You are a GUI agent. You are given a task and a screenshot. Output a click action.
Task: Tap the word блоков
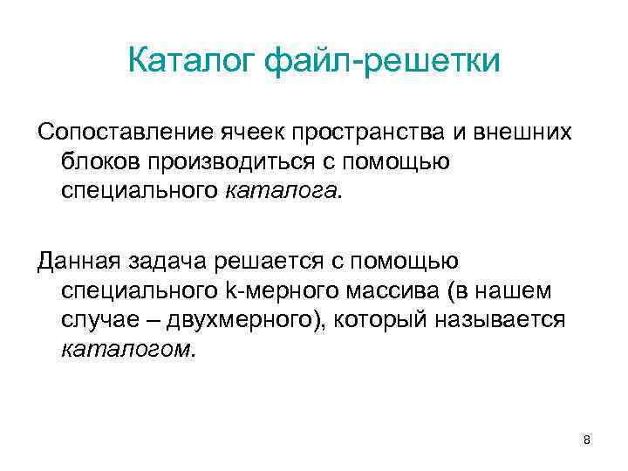tap(99, 161)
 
